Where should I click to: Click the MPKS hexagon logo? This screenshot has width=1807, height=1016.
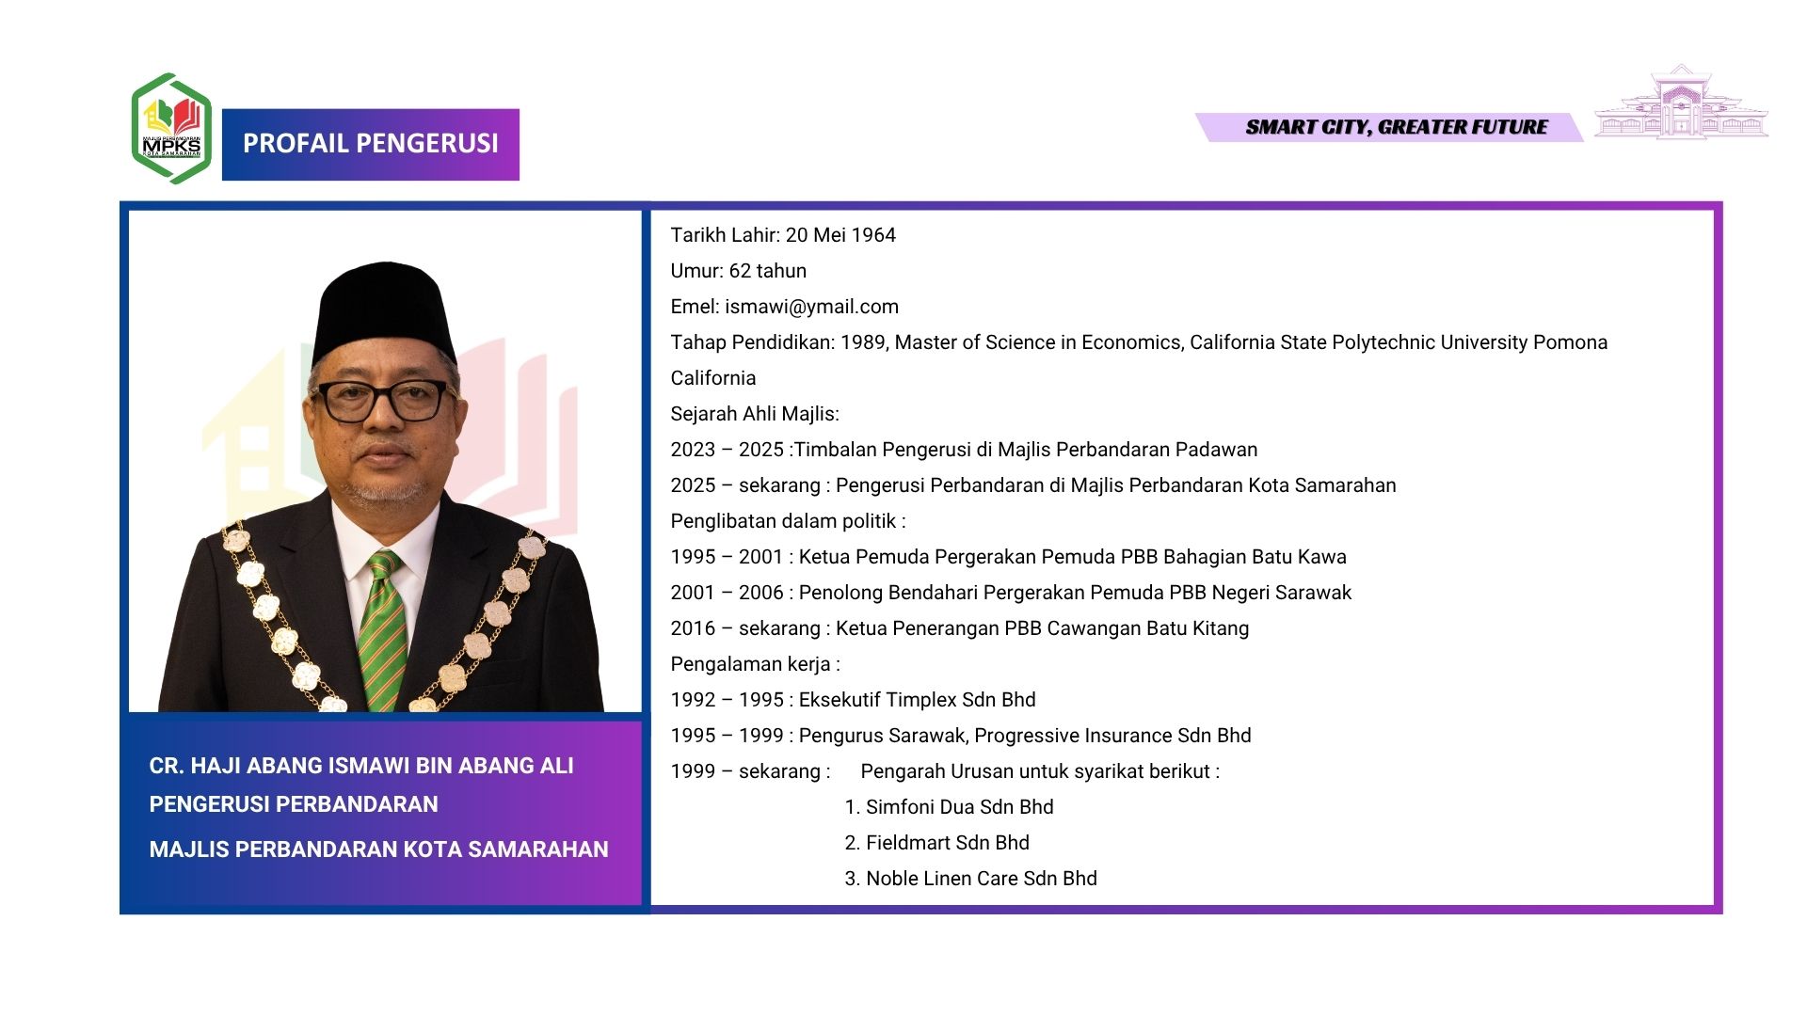pyautogui.click(x=171, y=128)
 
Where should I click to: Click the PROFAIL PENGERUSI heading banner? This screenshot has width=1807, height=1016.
pyautogui.click(x=371, y=144)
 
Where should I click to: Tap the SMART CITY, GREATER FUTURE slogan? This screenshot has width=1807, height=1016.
pyautogui.click(x=1397, y=127)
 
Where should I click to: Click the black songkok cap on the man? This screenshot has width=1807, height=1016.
pyautogui.click(x=384, y=310)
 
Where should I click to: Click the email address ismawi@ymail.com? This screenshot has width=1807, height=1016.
pyautogui.click(x=811, y=307)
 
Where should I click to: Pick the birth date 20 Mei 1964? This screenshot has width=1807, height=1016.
pyautogui.click(x=840, y=235)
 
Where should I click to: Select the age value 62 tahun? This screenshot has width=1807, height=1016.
pyautogui.click(x=768, y=271)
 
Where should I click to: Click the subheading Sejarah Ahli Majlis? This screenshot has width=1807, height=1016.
pyautogui.click(x=755, y=414)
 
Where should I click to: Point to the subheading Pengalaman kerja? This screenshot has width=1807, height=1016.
pyautogui.click(x=755, y=664)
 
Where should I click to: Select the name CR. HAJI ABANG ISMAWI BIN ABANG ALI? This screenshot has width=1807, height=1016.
pyautogui.click(x=361, y=766)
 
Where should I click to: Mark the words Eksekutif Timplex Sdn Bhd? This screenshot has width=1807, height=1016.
pyautogui.click(x=917, y=700)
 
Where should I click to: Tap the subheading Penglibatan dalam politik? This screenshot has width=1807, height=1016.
pyautogui.click(x=788, y=521)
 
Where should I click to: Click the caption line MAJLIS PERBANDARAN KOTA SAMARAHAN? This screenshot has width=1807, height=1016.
pyautogui.click(x=379, y=849)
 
